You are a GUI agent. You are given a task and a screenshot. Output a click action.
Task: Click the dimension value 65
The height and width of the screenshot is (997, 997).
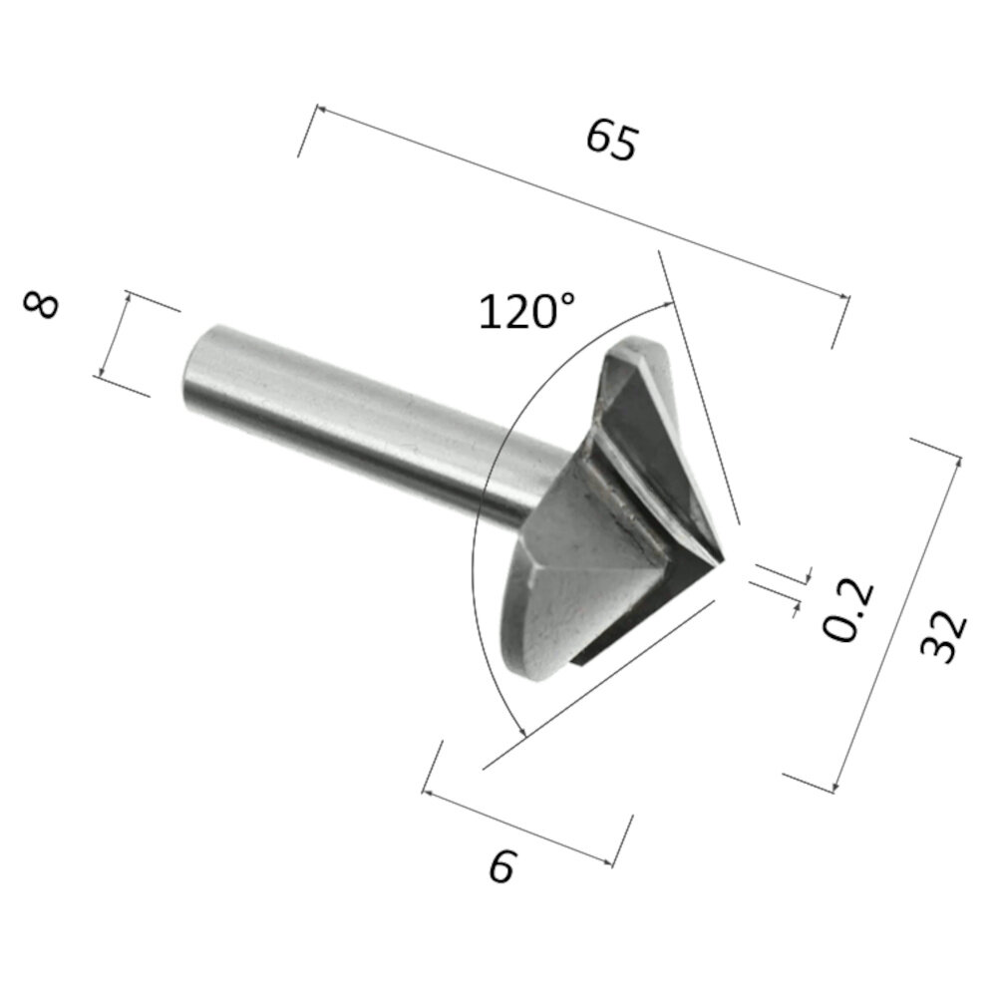[x=610, y=141]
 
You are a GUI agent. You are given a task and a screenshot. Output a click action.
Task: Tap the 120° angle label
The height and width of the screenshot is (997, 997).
[x=527, y=312]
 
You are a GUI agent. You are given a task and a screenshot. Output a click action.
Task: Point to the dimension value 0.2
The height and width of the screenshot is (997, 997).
[x=848, y=609]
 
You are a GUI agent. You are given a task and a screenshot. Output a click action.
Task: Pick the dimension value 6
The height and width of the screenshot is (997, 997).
[x=501, y=867]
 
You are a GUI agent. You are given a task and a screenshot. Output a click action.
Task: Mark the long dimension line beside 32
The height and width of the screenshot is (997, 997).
[x=896, y=618]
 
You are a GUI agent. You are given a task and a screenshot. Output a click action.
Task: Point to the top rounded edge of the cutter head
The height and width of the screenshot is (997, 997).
[x=638, y=349]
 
